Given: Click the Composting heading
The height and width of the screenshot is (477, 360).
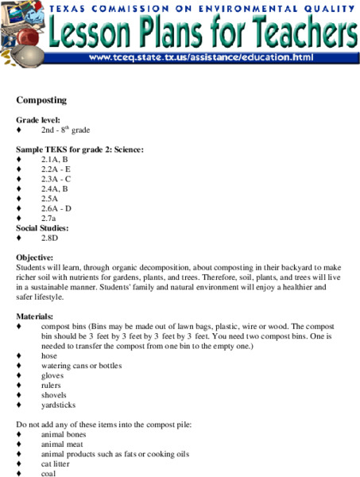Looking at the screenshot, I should pyautogui.click(x=41, y=100).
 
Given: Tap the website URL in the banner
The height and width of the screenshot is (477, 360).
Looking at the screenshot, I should pyautogui.click(x=201, y=58).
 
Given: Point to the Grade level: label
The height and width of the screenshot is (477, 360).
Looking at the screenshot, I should pyautogui.click(x=38, y=119).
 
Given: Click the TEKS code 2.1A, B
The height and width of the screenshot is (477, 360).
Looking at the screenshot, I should pyautogui.click(x=55, y=159).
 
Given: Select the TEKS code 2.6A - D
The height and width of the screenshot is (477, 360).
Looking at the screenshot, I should pyautogui.click(x=56, y=208).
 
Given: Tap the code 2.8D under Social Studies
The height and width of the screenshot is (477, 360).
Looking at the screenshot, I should pyautogui.click(x=50, y=238).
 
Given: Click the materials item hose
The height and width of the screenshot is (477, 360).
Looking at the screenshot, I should pyautogui.click(x=49, y=356).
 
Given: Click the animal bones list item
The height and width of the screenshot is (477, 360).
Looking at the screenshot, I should pyautogui.click(x=64, y=435).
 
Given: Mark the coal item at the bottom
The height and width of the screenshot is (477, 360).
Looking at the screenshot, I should pyautogui.click(x=49, y=474).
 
